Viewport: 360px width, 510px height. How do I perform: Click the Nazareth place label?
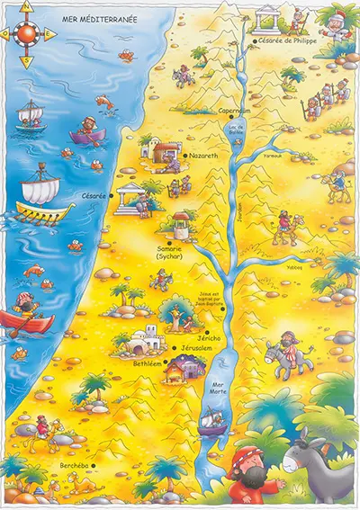click(x=204, y=156)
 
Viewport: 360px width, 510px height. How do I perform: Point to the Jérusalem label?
click(x=194, y=348)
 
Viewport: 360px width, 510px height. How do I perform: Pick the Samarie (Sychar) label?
click(x=168, y=253)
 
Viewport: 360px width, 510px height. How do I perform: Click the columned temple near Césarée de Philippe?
click(x=267, y=17)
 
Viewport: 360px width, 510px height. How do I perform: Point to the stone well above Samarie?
click(x=180, y=224)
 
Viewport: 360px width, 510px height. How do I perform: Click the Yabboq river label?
click(x=293, y=266)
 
